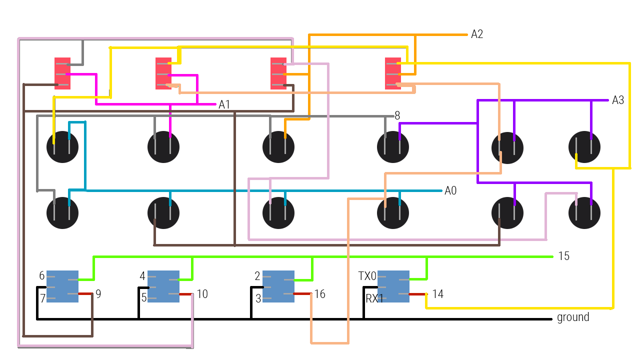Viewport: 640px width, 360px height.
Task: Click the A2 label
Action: point(477,34)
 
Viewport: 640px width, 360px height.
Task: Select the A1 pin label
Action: point(224,104)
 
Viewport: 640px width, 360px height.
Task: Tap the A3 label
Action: point(618,100)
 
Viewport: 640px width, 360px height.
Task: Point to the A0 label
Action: point(450,190)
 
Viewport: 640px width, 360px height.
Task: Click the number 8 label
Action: point(397,116)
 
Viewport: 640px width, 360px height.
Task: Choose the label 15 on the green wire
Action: point(563,256)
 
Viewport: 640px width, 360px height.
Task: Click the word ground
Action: point(573,317)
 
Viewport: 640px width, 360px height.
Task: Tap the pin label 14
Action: point(437,294)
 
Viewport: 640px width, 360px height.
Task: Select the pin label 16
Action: point(319,294)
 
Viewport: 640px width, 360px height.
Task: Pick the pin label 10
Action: point(202,294)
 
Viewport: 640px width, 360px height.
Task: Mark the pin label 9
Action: point(98,294)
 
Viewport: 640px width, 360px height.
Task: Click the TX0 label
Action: point(367,276)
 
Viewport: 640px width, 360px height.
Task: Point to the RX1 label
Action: point(374,299)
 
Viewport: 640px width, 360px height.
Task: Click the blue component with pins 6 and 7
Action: point(62,286)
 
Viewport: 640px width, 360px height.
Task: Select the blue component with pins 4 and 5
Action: point(163,286)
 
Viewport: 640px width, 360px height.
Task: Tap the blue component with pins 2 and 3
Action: point(278,286)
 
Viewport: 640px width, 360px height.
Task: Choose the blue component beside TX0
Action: point(393,286)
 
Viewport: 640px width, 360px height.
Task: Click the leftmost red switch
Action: point(62,73)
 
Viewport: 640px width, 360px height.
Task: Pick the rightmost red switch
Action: point(393,73)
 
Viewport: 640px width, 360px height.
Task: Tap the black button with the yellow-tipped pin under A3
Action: point(584,147)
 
